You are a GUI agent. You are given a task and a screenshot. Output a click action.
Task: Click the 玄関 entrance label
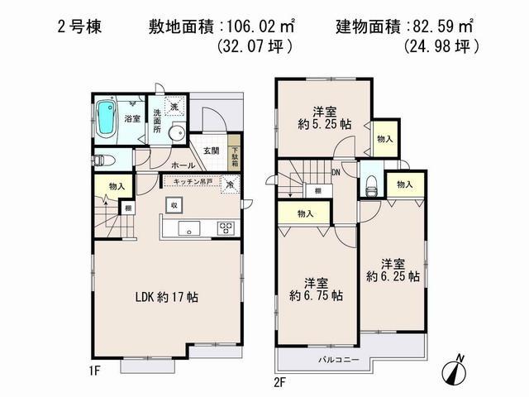209,151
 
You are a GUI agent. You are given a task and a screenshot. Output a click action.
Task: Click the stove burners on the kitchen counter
226,227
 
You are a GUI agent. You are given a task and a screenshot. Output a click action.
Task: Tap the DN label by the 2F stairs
336,172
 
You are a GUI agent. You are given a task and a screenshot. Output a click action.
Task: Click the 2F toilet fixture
370,184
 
